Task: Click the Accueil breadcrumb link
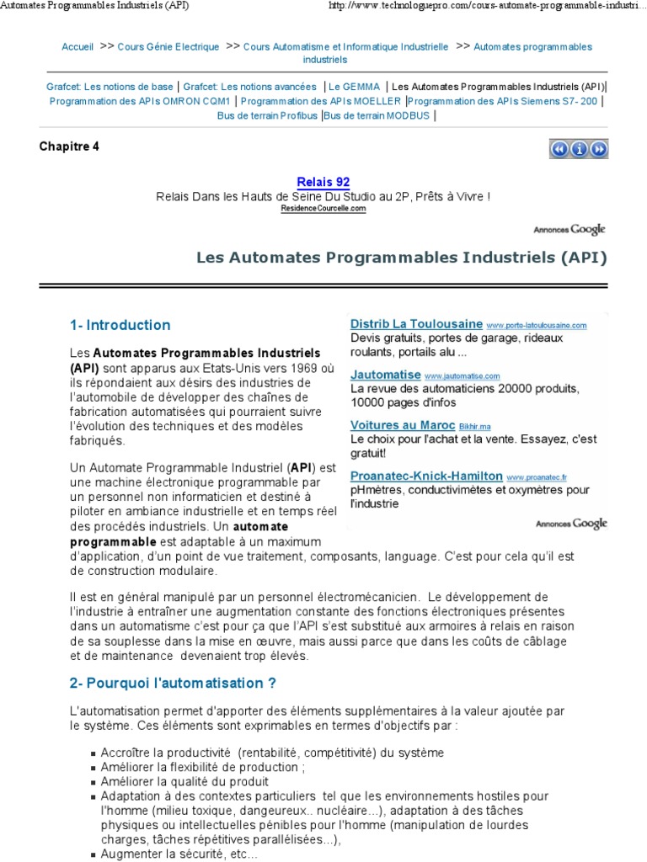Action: coord(78,47)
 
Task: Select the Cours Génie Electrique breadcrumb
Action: coord(168,47)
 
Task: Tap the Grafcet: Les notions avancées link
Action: coord(249,87)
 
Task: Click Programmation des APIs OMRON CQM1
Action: coord(140,101)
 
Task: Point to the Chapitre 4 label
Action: coord(69,146)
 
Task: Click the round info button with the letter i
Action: coord(579,149)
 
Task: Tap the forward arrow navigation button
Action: coord(598,149)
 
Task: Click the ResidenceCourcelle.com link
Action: coord(323,208)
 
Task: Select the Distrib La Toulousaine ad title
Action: coord(416,324)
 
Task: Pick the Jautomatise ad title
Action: coord(385,375)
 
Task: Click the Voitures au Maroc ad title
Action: coord(403,425)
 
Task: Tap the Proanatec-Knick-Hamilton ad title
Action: coord(426,476)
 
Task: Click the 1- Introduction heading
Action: coord(120,325)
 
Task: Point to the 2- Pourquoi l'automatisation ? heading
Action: coord(173,682)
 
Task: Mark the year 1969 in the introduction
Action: coord(307,368)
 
